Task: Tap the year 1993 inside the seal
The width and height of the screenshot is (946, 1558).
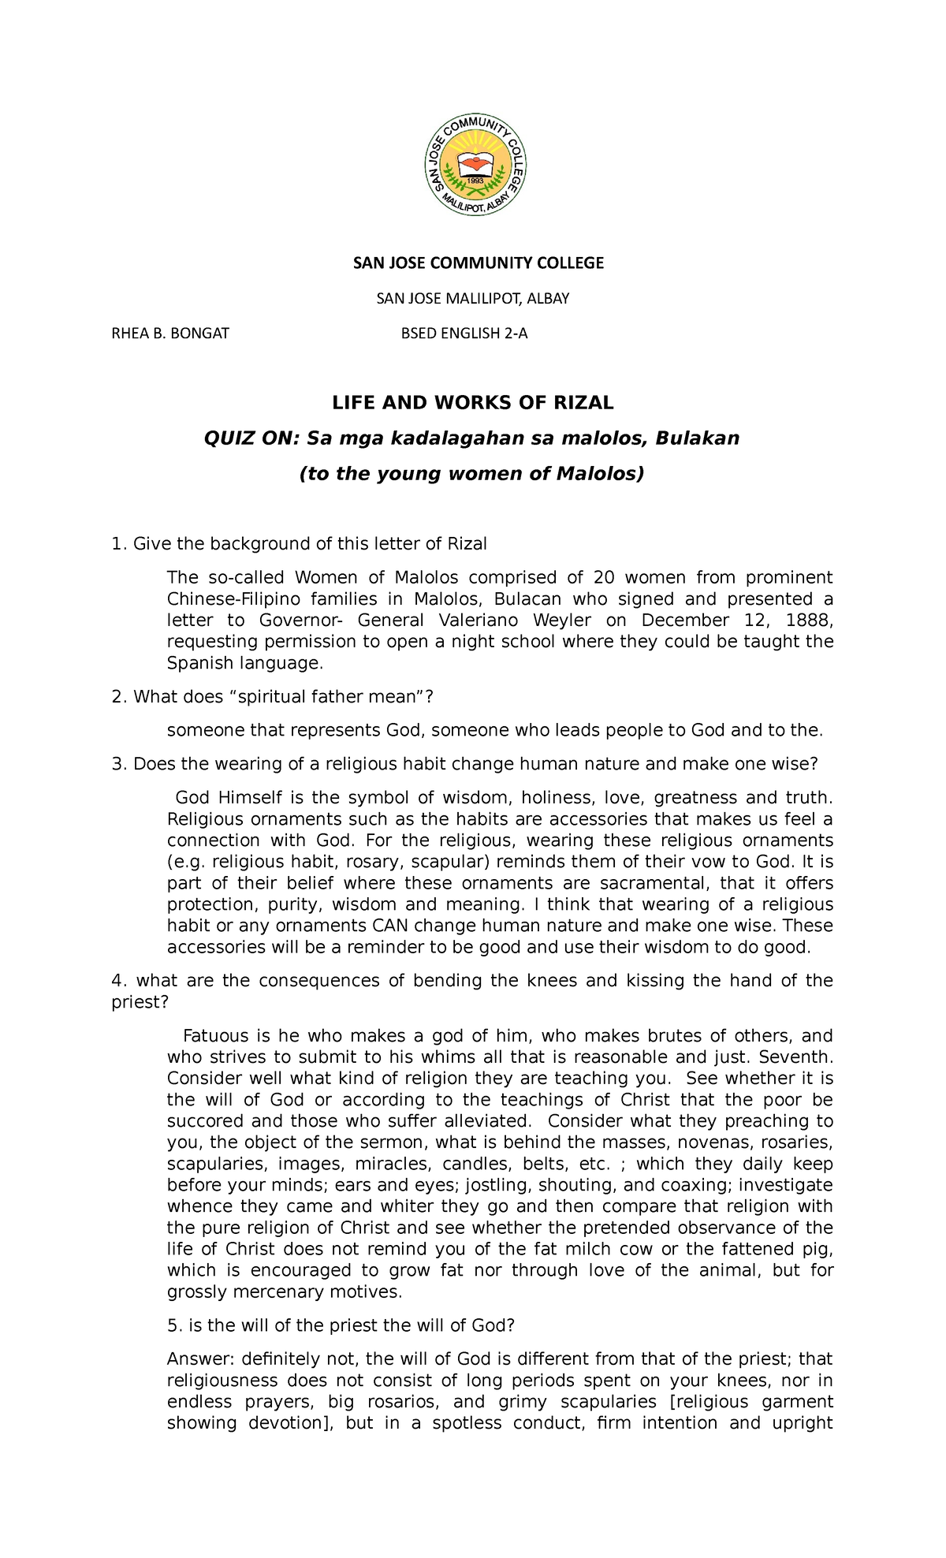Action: click(475, 181)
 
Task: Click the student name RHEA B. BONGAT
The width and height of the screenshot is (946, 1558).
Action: click(170, 334)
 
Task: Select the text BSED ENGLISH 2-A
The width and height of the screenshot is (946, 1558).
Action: click(464, 334)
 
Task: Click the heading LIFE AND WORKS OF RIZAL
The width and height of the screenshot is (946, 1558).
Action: click(472, 403)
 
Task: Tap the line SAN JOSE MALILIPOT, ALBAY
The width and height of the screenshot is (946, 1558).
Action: click(472, 299)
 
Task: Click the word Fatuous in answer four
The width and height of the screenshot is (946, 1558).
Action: click(215, 1036)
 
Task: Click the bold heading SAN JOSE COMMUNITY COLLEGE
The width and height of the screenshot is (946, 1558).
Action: click(478, 263)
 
